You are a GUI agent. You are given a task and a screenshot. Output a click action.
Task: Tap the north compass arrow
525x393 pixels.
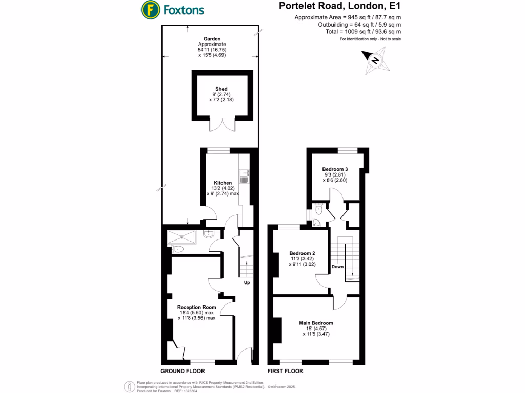coord(375,60)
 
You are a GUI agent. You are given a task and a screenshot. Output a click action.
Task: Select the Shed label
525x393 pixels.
coord(221,89)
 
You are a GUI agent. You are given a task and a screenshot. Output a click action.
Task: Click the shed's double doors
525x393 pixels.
coord(223,124)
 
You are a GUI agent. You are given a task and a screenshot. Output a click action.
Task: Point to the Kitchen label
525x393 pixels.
coord(223,183)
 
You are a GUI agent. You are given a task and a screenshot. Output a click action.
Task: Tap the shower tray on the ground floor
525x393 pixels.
coord(182,236)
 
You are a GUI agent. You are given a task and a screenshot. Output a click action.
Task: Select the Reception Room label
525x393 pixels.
coord(197,307)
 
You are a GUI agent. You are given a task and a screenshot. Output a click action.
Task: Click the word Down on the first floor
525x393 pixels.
coord(337,267)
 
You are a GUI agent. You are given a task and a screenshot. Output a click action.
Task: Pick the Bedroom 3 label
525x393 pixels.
coord(335,169)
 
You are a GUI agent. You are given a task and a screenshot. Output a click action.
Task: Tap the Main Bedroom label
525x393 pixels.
coord(316,323)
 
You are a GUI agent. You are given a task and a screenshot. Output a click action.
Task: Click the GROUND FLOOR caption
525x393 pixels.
coord(183,371)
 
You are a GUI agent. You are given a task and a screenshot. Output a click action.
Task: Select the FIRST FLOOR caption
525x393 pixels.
coord(286,371)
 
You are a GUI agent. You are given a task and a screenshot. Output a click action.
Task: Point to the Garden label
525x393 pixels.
coord(212,39)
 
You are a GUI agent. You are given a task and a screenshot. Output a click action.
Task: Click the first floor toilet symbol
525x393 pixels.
coord(318,209)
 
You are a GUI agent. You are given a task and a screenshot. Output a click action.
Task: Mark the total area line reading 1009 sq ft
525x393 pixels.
coord(363,31)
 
